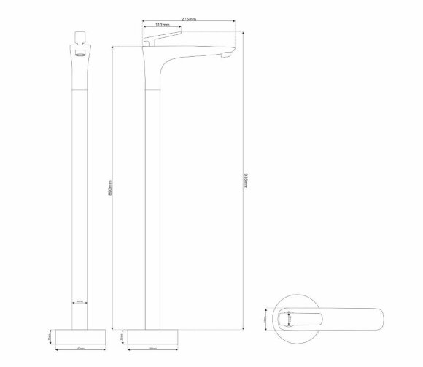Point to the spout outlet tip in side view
pos(224,55)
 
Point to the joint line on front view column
pos(80,89)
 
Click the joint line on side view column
pos(152,89)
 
